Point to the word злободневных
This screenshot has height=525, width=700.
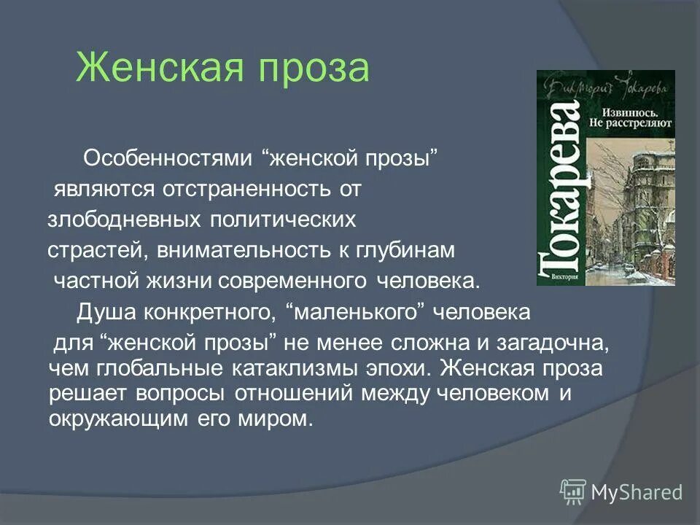point(125,219)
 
